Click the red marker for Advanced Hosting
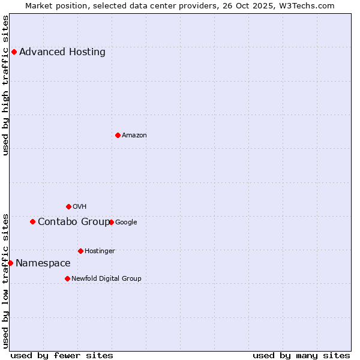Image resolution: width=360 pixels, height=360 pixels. click(x=14, y=52)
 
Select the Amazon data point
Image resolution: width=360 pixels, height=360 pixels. click(x=118, y=135)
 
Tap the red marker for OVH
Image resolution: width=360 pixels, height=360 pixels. click(x=68, y=206)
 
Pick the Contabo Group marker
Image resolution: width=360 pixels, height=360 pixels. click(x=32, y=221)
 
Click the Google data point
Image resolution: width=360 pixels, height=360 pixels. click(x=111, y=222)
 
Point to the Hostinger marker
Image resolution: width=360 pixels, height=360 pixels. click(x=80, y=251)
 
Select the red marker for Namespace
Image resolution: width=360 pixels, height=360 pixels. click(x=10, y=263)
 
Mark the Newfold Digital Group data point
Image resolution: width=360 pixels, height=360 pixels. click(x=67, y=278)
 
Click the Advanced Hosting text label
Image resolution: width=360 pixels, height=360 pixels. click(x=62, y=52)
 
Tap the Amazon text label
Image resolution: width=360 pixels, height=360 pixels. click(x=134, y=136)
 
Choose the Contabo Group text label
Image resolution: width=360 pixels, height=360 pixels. click(x=74, y=222)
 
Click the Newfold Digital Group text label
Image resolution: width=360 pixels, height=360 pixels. click(x=106, y=278)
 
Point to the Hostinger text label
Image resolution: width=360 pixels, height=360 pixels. click(x=100, y=251)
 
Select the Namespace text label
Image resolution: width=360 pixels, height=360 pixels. click(x=43, y=263)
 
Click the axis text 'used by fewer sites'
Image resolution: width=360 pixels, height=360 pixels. click(x=62, y=355)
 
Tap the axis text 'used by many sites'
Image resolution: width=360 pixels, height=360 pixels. click(x=301, y=355)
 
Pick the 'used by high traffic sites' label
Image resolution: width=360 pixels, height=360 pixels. click(x=5, y=85)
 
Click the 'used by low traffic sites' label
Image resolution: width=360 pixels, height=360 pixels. click(x=5, y=280)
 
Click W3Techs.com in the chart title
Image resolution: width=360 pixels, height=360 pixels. click(x=313, y=5)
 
